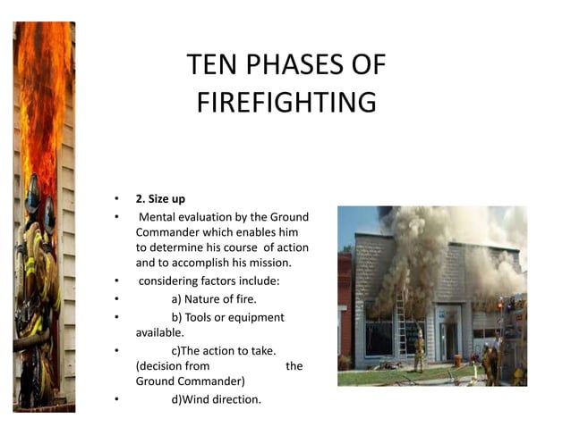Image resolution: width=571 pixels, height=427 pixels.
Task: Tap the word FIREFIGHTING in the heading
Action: click(286, 102)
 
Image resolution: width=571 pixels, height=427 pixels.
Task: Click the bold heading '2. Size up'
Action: click(160, 199)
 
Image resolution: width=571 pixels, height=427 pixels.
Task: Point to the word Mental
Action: click(158, 217)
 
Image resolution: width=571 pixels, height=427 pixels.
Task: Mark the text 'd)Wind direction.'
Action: click(216, 398)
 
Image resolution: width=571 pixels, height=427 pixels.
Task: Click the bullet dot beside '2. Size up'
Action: click(115, 199)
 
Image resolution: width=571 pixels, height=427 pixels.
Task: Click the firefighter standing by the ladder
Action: click(418, 351)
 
